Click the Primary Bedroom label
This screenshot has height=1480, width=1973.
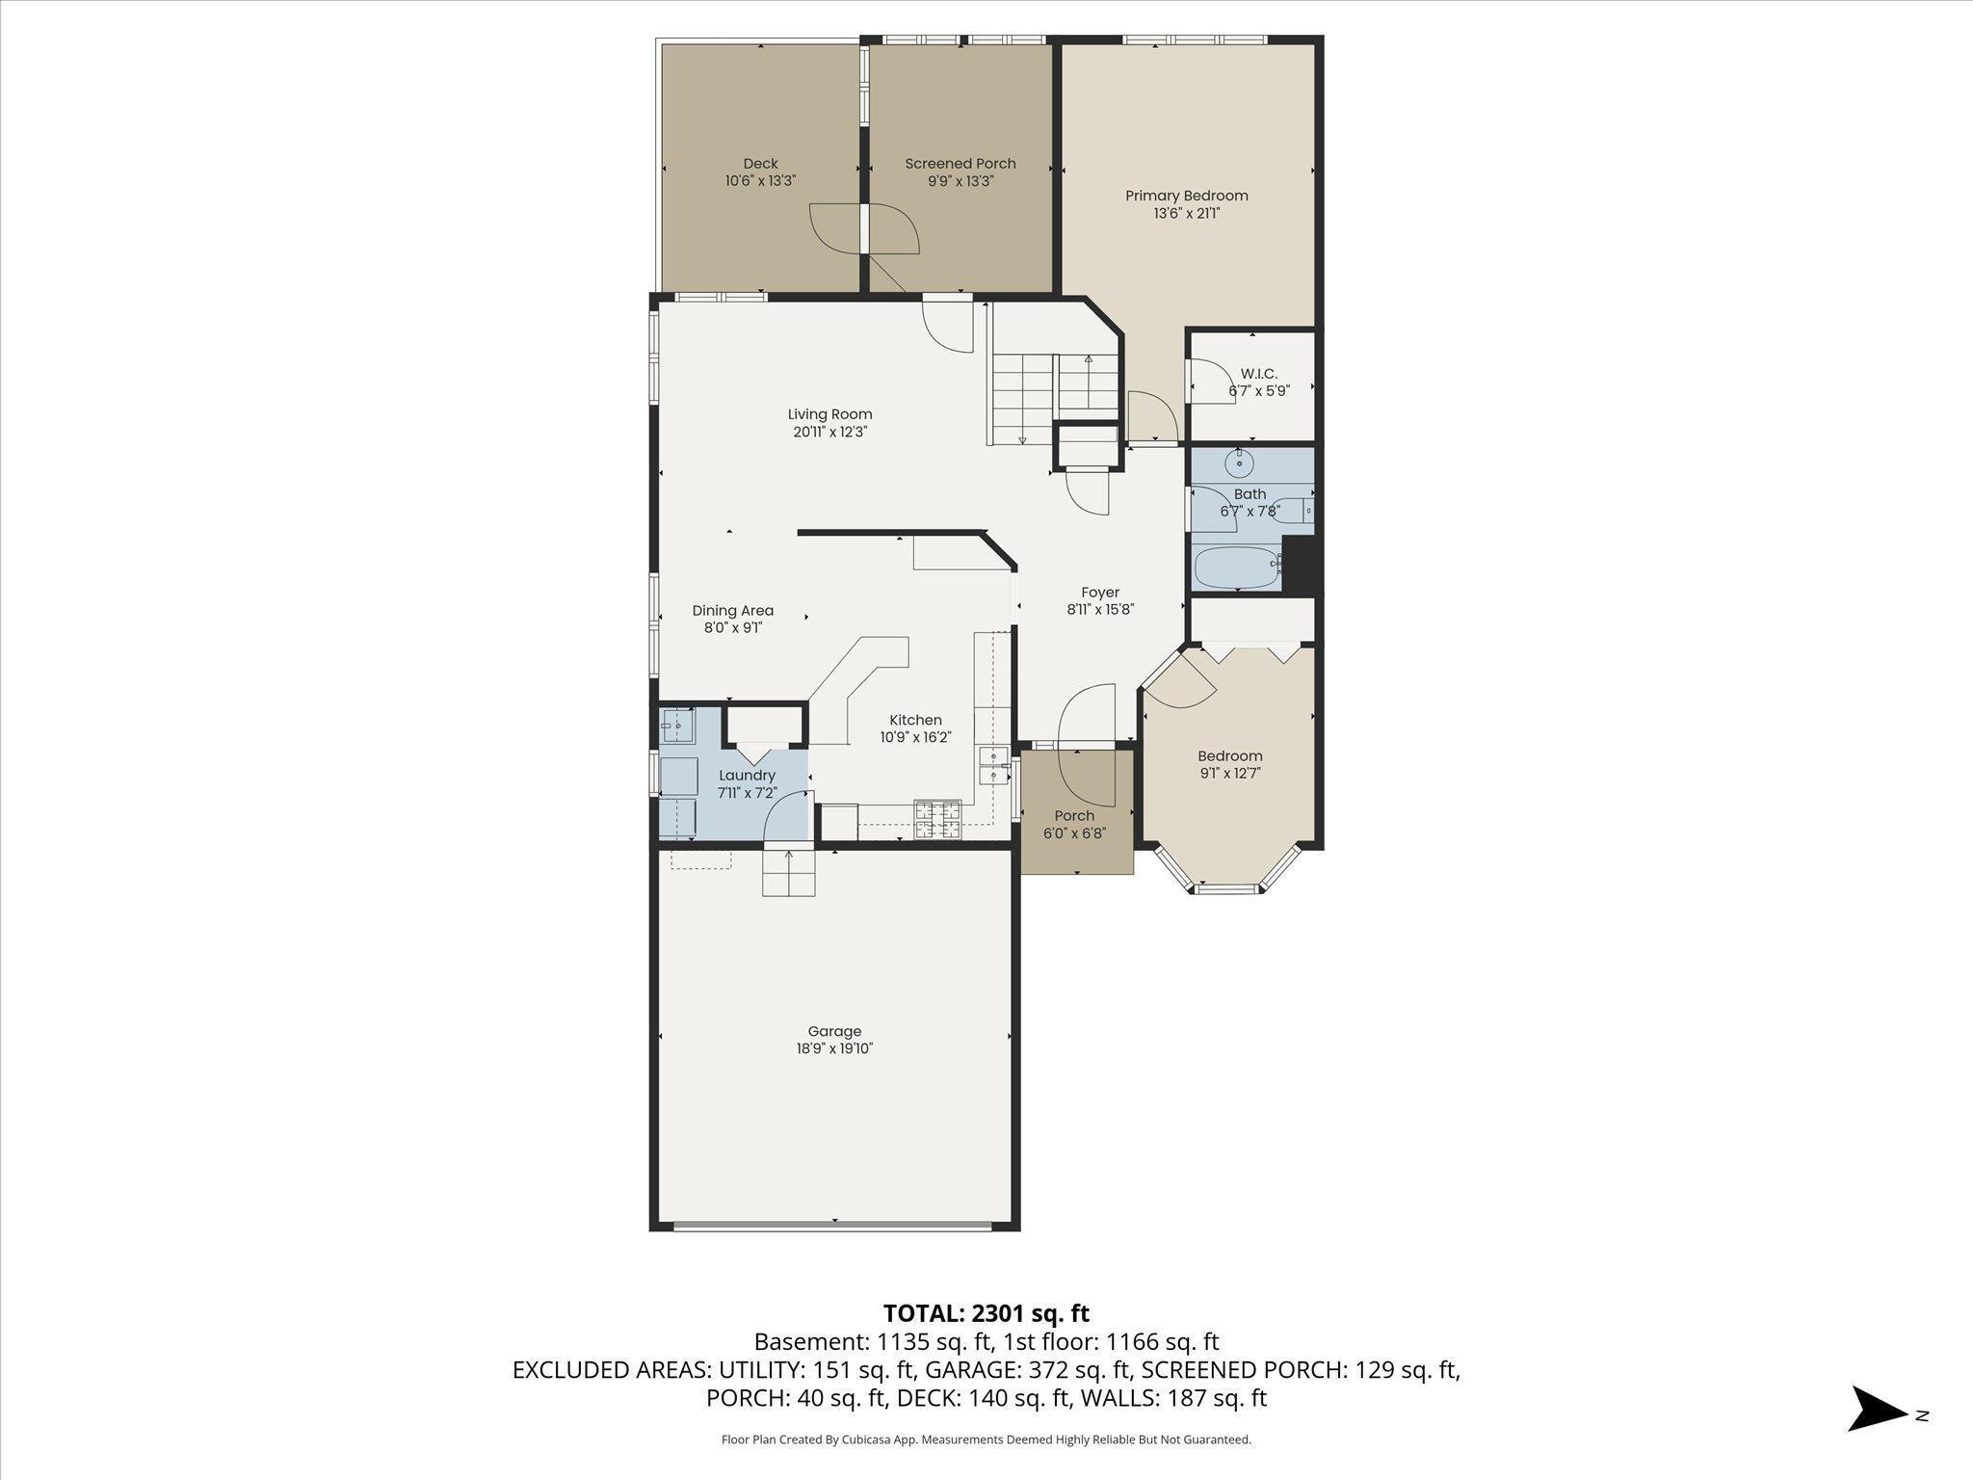coord(1186,196)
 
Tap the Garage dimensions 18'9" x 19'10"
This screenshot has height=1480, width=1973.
coord(834,1048)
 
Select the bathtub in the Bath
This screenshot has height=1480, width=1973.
coord(1236,568)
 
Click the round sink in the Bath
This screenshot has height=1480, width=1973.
coord(1238,464)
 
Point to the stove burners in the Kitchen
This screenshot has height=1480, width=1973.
coord(937,819)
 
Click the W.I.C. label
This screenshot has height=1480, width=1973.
coord(1258,374)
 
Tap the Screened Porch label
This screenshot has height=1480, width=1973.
coord(960,164)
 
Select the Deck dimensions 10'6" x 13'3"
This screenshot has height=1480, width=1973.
coord(760,180)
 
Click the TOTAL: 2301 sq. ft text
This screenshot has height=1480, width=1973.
coord(986,1313)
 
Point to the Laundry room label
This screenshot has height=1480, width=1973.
coord(747,776)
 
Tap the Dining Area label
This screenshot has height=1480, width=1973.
coord(732,611)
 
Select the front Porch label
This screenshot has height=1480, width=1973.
coord(1074,816)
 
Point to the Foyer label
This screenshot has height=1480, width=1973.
coord(1099,593)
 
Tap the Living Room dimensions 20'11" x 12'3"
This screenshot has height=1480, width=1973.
coord(829,432)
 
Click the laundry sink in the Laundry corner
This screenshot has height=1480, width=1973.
coord(678,725)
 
